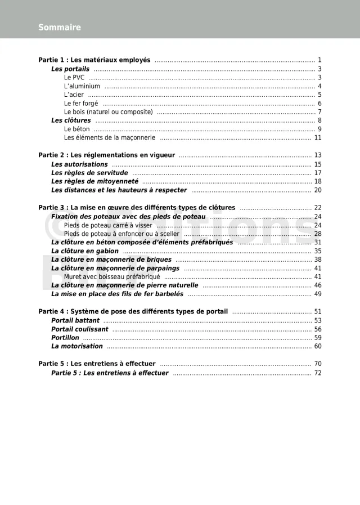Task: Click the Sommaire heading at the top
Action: pyautogui.click(x=60, y=27)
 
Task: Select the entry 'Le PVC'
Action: pyautogui.click(x=74, y=78)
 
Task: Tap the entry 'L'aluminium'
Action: pyautogui.click(x=82, y=86)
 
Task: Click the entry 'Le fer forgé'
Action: pyautogui.click(x=81, y=104)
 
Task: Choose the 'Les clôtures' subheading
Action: pyautogui.click(x=71, y=120)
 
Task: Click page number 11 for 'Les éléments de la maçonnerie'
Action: pyautogui.click(x=318, y=137)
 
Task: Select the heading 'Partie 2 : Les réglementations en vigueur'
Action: pyautogui.click(x=106, y=155)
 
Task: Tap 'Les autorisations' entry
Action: pyautogui.click(x=79, y=164)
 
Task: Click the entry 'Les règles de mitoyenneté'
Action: pyautogui.click(x=94, y=182)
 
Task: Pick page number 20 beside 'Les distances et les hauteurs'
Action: pyautogui.click(x=318, y=190)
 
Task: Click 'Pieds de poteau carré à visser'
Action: pyautogui.click(x=108, y=225)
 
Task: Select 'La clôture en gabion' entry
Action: pyautogui.click(x=85, y=251)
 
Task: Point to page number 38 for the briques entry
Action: pyautogui.click(x=318, y=260)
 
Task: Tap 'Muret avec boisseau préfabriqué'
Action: pyautogui.click(x=112, y=277)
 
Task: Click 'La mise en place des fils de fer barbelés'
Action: pyautogui.click(x=117, y=294)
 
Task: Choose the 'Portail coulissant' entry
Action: pyautogui.click(x=80, y=329)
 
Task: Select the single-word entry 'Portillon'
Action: pyautogui.click(x=65, y=338)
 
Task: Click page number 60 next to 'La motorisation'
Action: pyautogui.click(x=318, y=346)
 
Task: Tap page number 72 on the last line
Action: pyautogui.click(x=318, y=373)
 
